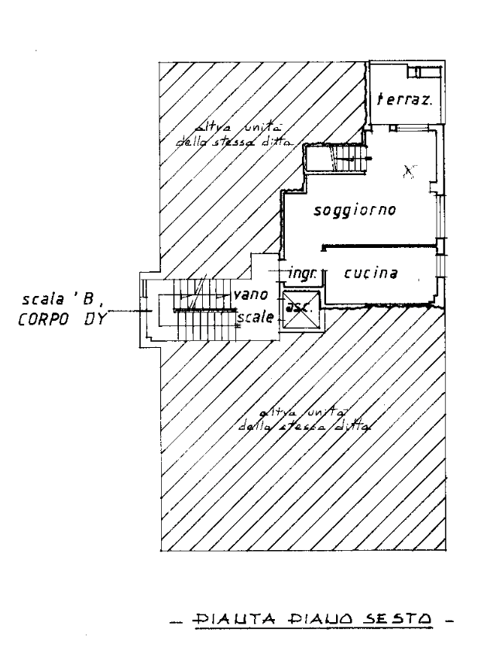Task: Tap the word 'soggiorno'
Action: [x=355, y=211]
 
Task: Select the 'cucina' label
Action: [x=372, y=273]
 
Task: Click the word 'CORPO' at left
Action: [x=43, y=318]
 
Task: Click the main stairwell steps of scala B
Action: [x=197, y=313]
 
